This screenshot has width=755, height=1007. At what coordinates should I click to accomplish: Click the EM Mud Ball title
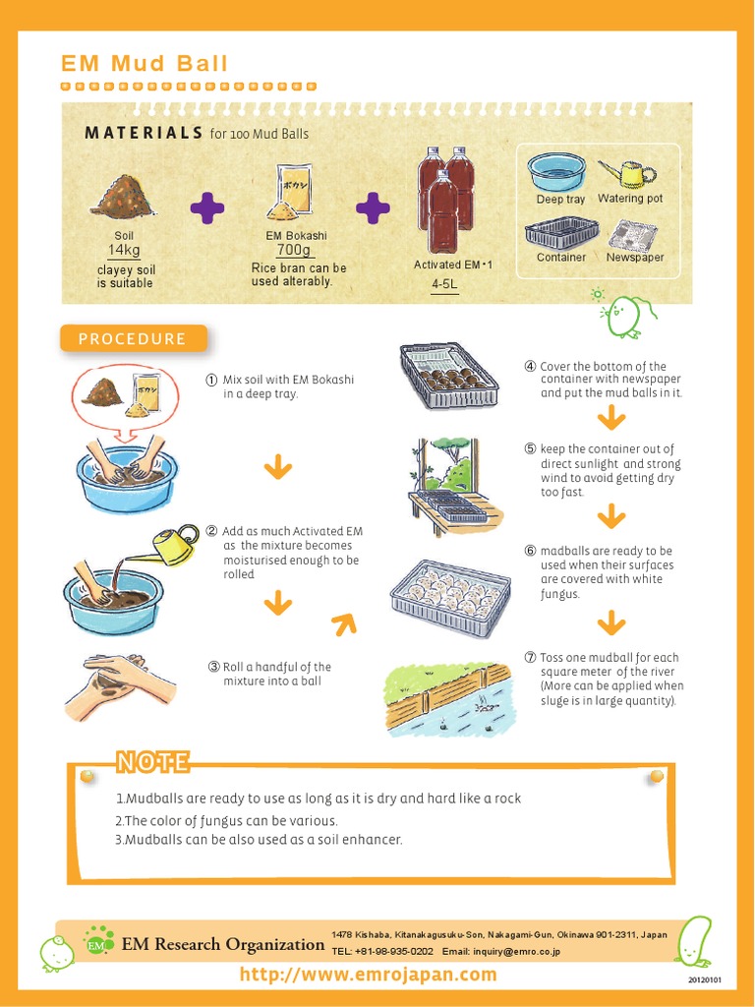(x=145, y=64)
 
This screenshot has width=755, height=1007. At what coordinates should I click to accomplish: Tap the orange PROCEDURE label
(x=134, y=339)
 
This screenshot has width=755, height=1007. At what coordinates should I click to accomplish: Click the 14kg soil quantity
(x=124, y=251)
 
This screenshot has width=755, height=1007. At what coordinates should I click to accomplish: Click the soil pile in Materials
(x=124, y=196)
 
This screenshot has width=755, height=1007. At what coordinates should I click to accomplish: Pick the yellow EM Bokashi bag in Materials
(x=290, y=193)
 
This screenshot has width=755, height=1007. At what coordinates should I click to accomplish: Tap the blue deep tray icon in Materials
(x=556, y=171)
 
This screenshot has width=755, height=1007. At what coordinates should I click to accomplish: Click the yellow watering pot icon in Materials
(x=629, y=174)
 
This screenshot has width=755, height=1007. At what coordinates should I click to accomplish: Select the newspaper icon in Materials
(x=632, y=235)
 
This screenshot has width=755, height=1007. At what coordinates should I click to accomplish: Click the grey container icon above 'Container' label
(x=561, y=233)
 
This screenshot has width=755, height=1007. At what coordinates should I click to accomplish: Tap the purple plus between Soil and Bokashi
(x=206, y=207)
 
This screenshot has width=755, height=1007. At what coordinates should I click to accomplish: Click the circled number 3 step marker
(x=213, y=667)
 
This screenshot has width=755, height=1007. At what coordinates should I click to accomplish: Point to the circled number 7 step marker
(x=530, y=657)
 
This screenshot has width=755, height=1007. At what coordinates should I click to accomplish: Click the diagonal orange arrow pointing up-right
(x=343, y=622)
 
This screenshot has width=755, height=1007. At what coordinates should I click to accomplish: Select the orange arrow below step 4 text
(x=611, y=419)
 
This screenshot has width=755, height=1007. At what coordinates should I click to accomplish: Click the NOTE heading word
(x=152, y=762)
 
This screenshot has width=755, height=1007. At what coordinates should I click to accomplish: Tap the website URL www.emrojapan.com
(x=369, y=975)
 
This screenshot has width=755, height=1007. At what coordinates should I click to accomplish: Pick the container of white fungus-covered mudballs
(x=450, y=598)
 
